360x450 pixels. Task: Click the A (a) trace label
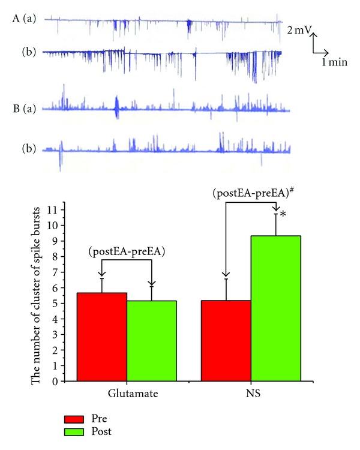coord(24,20)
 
